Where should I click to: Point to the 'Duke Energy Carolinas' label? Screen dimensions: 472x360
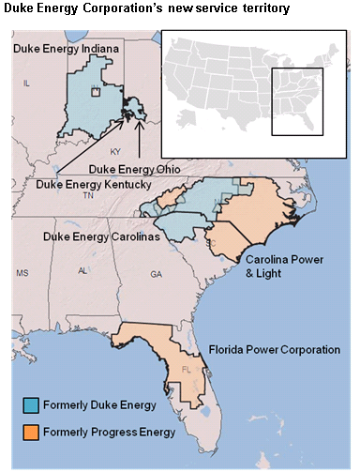click(99, 237)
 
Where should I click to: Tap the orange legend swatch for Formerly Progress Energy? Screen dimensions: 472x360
click(31, 431)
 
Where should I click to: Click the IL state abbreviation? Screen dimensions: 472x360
click(26, 84)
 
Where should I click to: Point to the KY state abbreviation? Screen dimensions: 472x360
click(115, 150)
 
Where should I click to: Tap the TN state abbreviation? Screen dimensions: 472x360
click(87, 197)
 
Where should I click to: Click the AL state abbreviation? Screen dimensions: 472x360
click(83, 270)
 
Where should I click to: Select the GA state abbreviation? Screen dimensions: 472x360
click(156, 273)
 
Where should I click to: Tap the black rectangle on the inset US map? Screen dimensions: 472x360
click(296, 102)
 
